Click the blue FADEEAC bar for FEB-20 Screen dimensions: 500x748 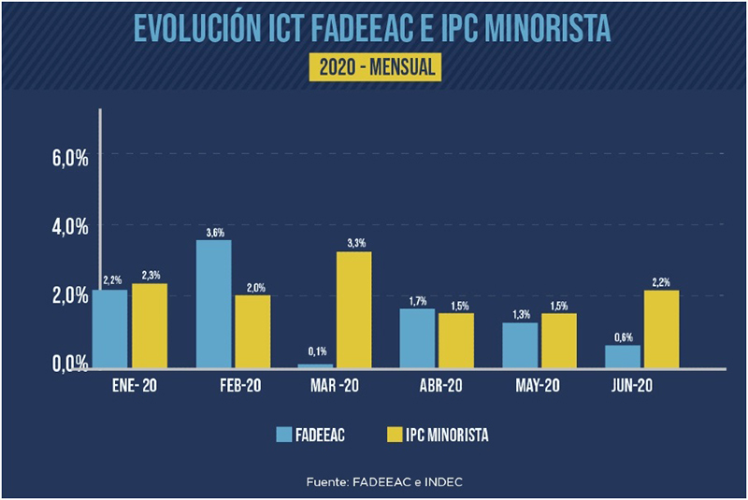pos(214,304)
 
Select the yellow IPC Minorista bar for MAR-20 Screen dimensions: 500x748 pos(354,309)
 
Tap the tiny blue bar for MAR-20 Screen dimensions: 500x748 pos(317,365)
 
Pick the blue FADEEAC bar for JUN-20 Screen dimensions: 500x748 pos(625,356)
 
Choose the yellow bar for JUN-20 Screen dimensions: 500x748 pos(662,328)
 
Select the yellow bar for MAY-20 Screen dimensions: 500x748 pos(559,340)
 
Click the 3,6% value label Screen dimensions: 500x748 pos(214,233)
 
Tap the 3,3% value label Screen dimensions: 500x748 pos(354,245)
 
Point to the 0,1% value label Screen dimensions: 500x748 pos(317,351)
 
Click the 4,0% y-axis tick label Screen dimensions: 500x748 pos(69,227)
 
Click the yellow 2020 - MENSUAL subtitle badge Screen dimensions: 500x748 pos(374,67)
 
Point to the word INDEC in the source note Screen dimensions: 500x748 pos(444,481)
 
